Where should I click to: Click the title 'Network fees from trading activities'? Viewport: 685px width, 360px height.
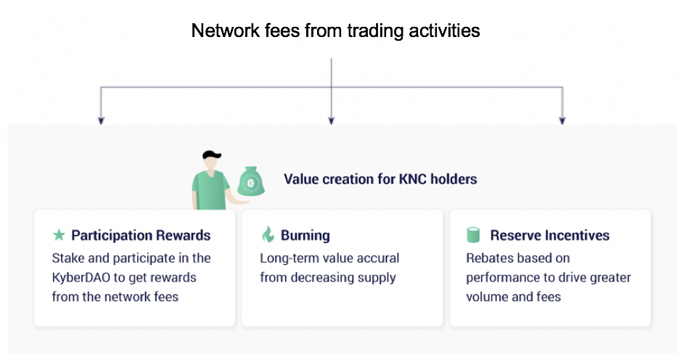click(x=335, y=31)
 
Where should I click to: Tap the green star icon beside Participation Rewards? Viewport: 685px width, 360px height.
click(x=59, y=235)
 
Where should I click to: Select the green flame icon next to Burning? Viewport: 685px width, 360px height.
click(x=268, y=234)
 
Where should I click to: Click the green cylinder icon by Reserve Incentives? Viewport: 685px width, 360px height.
click(x=473, y=235)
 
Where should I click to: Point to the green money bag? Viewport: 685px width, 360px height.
click(x=251, y=181)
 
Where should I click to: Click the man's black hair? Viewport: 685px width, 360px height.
click(x=211, y=155)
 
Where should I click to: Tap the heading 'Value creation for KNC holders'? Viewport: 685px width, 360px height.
click(x=380, y=179)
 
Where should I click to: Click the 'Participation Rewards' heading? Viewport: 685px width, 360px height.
click(x=141, y=235)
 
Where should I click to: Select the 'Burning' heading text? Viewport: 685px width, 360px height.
click(x=305, y=235)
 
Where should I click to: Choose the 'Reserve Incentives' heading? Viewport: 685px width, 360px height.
click(x=549, y=235)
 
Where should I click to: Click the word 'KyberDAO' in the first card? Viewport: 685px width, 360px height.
click(x=81, y=278)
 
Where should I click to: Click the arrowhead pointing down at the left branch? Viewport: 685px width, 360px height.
click(x=101, y=121)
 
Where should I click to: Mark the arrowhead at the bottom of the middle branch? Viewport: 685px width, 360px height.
click(x=331, y=121)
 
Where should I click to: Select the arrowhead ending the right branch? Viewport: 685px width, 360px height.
click(x=562, y=121)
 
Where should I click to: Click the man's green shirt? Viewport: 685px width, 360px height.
click(x=209, y=190)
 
